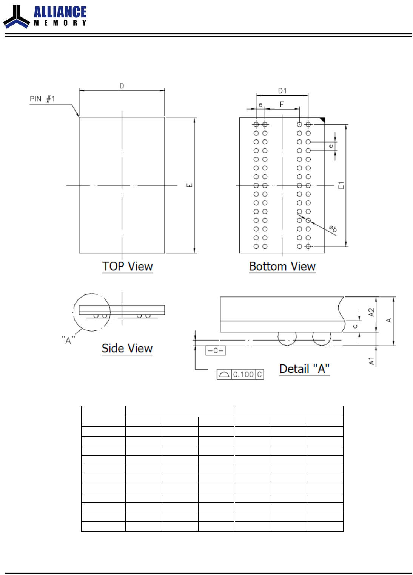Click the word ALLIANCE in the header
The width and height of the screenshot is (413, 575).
[x=60, y=12]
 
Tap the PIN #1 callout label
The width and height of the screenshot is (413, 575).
[x=42, y=99]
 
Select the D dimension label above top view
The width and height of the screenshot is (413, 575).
[x=122, y=86]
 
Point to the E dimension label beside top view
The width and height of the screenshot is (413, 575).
[x=190, y=185]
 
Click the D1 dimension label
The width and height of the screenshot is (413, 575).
[x=282, y=91]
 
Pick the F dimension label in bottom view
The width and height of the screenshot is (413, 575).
[x=282, y=104]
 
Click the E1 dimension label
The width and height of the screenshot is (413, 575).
[x=341, y=185]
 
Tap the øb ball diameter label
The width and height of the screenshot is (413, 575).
[x=333, y=228]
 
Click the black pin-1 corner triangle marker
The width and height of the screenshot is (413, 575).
[x=322, y=120]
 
